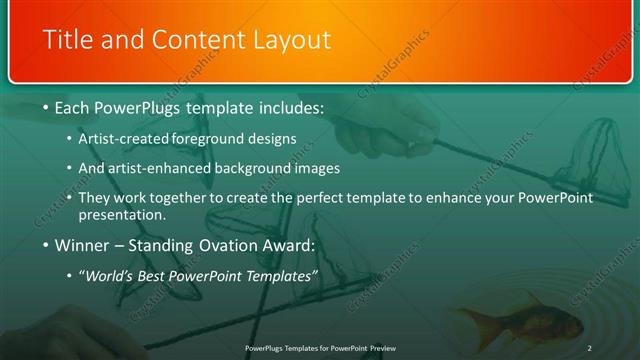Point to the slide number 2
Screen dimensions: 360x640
[x=589, y=347]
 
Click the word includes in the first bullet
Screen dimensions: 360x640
[x=290, y=107]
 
